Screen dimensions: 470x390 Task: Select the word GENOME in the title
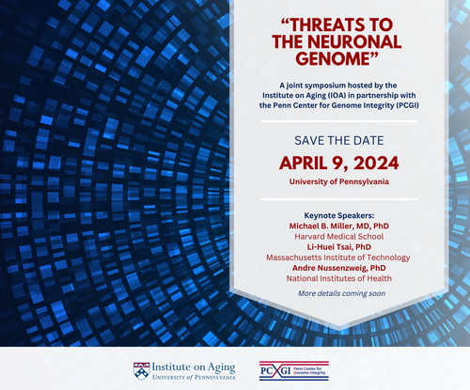(334, 58)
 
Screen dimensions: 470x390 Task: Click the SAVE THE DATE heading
(339, 141)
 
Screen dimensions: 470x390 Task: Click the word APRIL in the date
(303, 163)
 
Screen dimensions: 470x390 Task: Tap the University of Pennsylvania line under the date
(339, 181)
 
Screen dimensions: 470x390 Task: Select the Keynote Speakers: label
(339, 215)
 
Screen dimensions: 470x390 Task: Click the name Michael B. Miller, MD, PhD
(339, 226)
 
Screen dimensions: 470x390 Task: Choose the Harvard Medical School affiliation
(339, 237)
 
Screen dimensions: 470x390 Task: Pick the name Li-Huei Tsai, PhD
(339, 247)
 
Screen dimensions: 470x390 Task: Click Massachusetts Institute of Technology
(338, 257)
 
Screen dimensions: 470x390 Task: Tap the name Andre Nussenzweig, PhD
(339, 268)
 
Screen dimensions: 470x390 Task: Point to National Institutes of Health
(339, 278)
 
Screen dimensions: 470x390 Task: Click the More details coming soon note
(341, 293)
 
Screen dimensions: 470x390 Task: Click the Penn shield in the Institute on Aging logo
(141, 371)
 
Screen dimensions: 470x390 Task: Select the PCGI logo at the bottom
(294, 370)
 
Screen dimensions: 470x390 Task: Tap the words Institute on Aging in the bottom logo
(194, 367)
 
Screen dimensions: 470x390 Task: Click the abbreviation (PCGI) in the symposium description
(407, 105)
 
